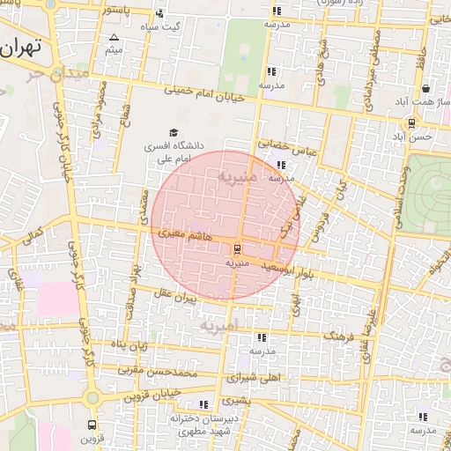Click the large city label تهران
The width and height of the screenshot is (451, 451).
click(21, 48)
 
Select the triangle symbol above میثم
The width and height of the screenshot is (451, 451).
click(114, 38)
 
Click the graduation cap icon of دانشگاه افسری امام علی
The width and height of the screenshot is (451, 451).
click(174, 131)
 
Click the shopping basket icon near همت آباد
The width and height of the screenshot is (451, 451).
click(426, 88)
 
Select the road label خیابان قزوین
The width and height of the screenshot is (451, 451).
click(153, 393)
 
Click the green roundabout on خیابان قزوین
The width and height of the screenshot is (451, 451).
click(92, 398)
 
